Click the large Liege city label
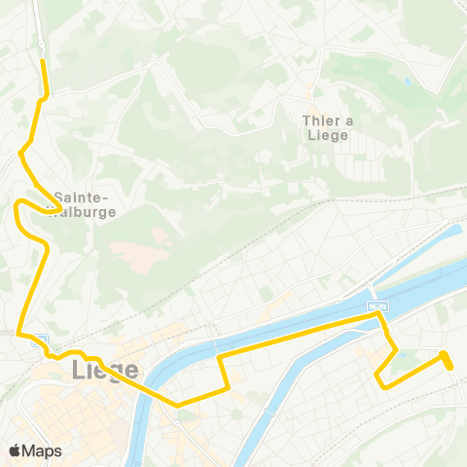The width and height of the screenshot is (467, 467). pyautogui.click(x=104, y=372)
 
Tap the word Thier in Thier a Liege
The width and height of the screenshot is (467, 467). pyautogui.click(x=322, y=121)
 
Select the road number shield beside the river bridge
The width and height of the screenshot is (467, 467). pyautogui.click(x=377, y=307)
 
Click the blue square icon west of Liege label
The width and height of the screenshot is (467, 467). pyautogui.click(x=37, y=341)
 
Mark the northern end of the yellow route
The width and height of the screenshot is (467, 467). pyautogui.click(x=42, y=60)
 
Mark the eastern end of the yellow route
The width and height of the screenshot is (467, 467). pyautogui.click(x=450, y=366)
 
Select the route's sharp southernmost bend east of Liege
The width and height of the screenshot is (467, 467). pyautogui.click(x=177, y=404)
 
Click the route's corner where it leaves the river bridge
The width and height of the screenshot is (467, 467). pyautogui.click(x=379, y=316)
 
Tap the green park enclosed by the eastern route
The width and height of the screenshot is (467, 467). pyautogui.click(x=409, y=365)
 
